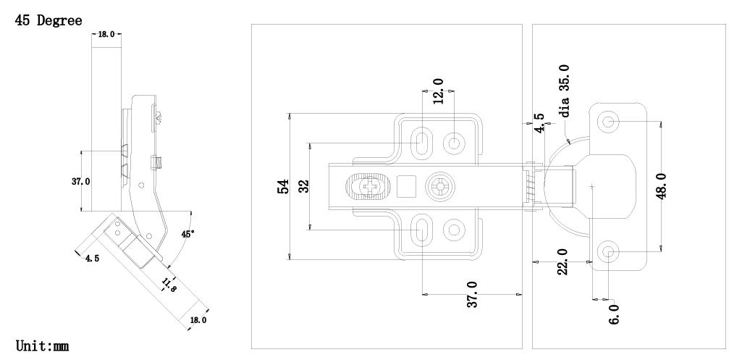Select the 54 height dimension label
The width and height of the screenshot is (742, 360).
click(x=284, y=186)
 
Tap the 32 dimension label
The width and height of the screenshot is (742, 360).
click(x=304, y=186)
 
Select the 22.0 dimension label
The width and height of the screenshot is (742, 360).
click(x=562, y=261)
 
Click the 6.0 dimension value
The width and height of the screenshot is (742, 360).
click(x=614, y=314)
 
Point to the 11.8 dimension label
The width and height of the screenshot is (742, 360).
click(x=168, y=283)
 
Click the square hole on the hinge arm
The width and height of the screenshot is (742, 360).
click(x=408, y=187)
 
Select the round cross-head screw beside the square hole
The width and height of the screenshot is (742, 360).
click(x=439, y=187)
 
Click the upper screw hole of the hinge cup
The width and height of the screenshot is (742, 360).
click(x=608, y=121)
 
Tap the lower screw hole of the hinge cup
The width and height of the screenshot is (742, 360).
click(x=608, y=252)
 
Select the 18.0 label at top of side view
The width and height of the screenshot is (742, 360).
click(x=106, y=34)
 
